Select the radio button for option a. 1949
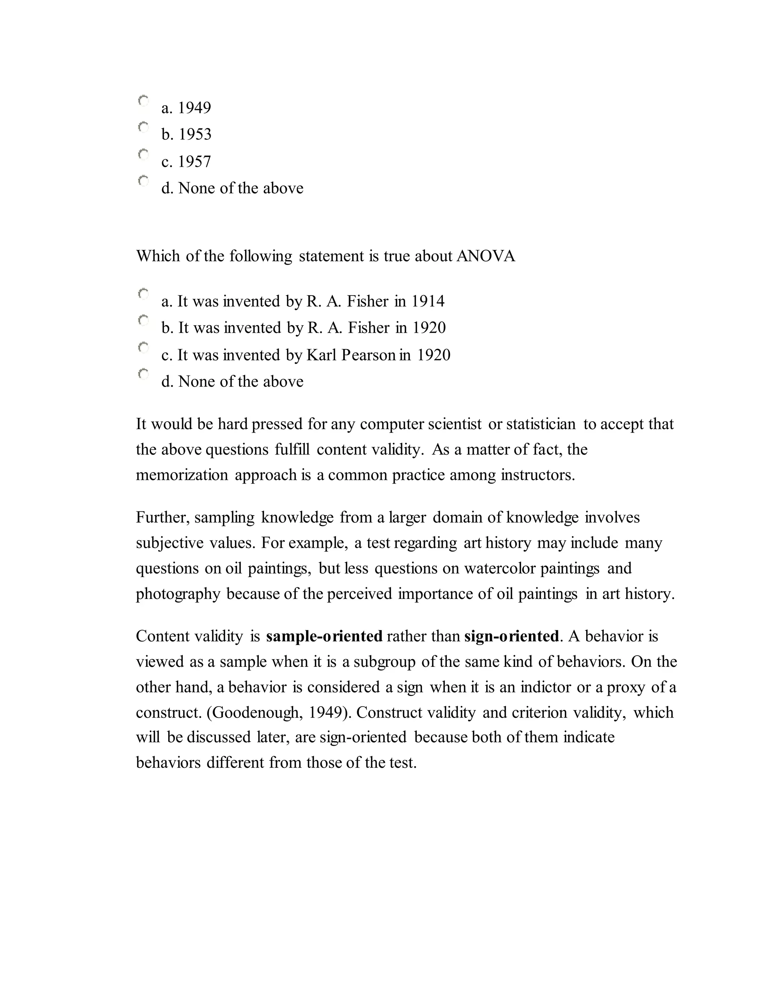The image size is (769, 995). click(x=143, y=101)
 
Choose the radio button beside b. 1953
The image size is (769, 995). click(x=143, y=128)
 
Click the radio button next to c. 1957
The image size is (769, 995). click(x=143, y=154)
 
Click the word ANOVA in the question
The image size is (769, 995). click(x=485, y=256)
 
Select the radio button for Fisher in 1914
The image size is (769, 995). click(x=143, y=294)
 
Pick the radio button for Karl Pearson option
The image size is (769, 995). click(x=143, y=348)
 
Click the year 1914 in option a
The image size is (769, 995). click(x=428, y=302)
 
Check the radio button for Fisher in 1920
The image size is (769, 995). click(x=143, y=321)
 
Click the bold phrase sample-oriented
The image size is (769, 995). click(x=324, y=636)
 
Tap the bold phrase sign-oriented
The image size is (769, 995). click(x=511, y=636)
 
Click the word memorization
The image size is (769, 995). click(x=182, y=475)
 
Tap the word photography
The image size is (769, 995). click(x=178, y=594)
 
